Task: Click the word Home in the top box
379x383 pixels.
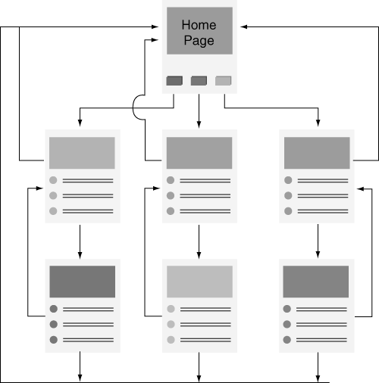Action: (199, 25)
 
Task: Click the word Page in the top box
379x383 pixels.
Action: (199, 41)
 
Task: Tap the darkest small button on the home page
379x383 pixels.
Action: (174, 81)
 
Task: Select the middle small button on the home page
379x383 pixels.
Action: (199, 81)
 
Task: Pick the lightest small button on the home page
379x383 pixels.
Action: (223, 81)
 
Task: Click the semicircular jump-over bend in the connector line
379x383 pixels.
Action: (133, 107)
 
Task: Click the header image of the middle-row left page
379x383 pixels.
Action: (82, 153)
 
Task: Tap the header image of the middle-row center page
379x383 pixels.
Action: (199, 153)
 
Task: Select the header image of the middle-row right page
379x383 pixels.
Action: (317, 153)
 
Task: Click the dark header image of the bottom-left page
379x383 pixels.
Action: (83, 282)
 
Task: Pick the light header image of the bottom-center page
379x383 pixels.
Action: (199, 282)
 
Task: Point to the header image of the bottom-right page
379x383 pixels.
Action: (316, 282)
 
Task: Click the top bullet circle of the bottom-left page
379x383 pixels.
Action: (54, 309)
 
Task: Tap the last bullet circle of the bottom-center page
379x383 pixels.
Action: (171, 340)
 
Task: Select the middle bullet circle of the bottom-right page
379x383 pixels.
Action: (287, 324)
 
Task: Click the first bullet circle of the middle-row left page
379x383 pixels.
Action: (53, 180)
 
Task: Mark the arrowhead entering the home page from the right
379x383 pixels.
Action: (243, 26)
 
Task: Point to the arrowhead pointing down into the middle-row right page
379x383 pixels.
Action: (318, 123)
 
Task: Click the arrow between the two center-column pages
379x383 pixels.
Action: (199, 241)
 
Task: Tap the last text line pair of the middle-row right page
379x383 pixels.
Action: (323, 211)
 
